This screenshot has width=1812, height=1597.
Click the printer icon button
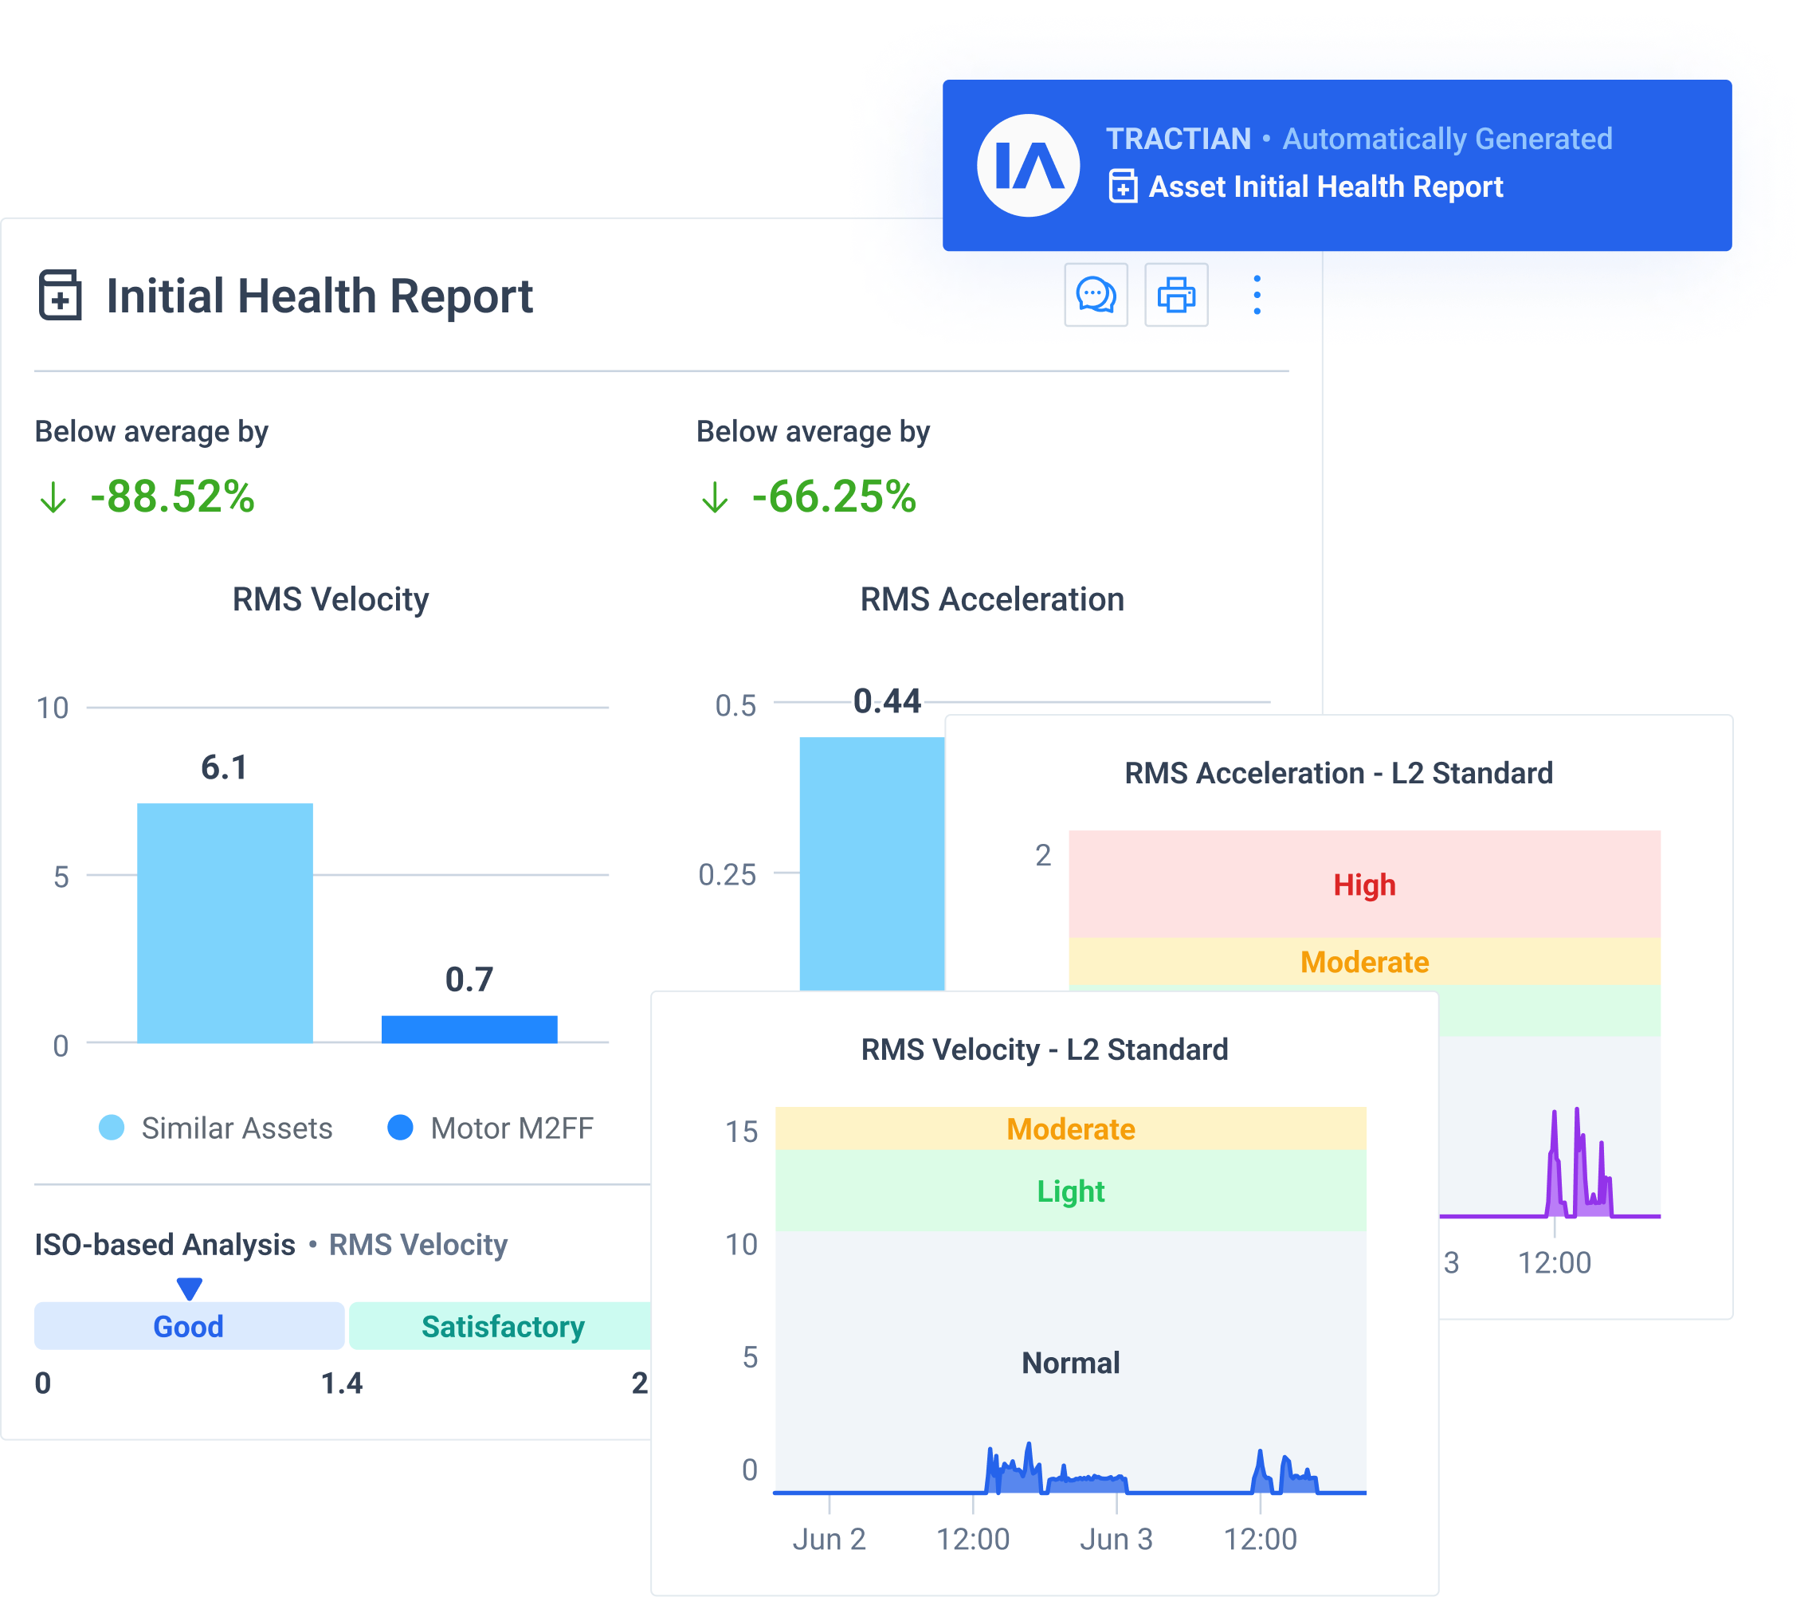pos(1175,296)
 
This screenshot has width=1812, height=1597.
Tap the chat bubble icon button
pos(1096,296)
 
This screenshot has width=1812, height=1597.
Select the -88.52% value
pos(172,496)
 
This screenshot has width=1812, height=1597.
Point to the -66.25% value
pos(833,496)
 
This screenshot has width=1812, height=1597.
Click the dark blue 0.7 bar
pos(469,1030)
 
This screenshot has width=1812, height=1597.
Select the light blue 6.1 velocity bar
pos(224,922)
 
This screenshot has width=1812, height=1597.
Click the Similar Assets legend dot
pos(112,1128)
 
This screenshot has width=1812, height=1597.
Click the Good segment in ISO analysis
pos(188,1327)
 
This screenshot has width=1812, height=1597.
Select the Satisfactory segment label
pos(502,1327)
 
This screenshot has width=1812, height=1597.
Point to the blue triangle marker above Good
pos(189,1288)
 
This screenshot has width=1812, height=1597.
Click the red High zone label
pos(1364,885)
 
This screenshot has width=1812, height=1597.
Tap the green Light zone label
pos(1070,1191)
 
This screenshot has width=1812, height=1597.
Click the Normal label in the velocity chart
pos(1070,1363)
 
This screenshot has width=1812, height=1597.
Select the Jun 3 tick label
pos(1116,1540)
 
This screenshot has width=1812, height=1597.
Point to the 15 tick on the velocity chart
pos(741,1132)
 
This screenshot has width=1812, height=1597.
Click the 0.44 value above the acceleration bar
pos(887,701)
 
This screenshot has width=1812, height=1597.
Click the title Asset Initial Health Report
pos(1325,187)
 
